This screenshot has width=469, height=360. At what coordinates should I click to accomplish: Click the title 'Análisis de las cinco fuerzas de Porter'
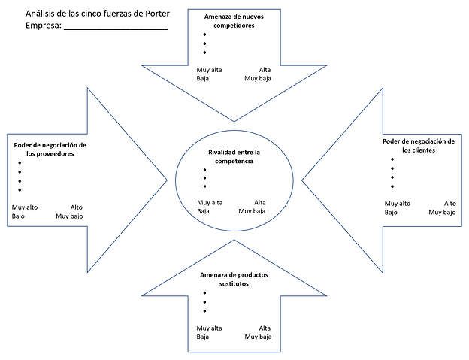pyautogui.click(x=98, y=14)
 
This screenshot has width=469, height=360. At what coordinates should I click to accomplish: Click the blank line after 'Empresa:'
pyautogui.click(x=116, y=29)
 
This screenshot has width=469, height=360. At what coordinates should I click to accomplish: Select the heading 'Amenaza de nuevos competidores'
pyautogui.click(x=234, y=21)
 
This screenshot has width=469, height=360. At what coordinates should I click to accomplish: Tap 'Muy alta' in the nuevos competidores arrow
pyautogui.click(x=209, y=70)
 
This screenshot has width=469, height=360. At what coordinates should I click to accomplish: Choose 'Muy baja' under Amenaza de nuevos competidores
pyautogui.click(x=258, y=79)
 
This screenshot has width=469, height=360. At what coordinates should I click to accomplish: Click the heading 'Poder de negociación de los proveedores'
pyautogui.click(x=50, y=150)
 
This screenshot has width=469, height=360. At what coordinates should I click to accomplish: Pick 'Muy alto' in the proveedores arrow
pyautogui.click(x=25, y=207)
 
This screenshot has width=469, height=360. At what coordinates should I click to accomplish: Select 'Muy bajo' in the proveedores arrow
pyautogui.click(x=69, y=216)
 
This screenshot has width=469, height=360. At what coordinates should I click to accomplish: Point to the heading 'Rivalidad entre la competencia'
pyautogui.click(x=234, y=156)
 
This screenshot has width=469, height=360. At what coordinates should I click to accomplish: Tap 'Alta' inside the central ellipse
pyautogui.click(x=259, y=203)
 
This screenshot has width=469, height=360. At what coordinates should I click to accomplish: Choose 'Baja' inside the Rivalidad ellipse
pyautogui.click(x=203, y=211)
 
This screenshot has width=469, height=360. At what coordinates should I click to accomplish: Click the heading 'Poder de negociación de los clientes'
pyautogui.click(x=419, y=146)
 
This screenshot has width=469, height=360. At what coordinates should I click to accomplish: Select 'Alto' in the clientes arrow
pyautogui.click(x=450, y=204)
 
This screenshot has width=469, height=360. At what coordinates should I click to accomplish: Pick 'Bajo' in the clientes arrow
pyautogui.click(x=391, y=213)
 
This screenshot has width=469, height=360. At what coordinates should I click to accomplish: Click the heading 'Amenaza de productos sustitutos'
pyautogui.click(x=234, y=280)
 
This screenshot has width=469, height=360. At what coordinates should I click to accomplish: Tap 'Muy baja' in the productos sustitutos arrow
pyautogui.click(x=258, y=337)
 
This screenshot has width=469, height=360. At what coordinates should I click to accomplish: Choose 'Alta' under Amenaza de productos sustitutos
pyautogui.click(x=265, y=328)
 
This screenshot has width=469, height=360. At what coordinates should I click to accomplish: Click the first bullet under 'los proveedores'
pyautogui.click(x=20, y=163)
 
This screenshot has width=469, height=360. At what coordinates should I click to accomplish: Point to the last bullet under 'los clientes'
pyautogui.click(x=392, y=186)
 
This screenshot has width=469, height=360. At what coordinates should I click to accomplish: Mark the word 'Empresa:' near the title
pyautogui.click(x=44, y=26)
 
